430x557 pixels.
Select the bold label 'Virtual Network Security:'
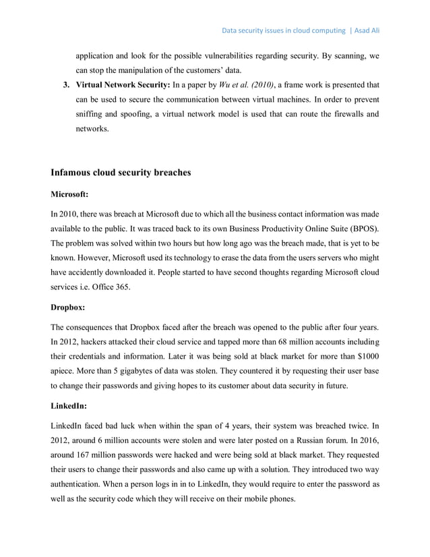pyautogui.click(x=120, y=86)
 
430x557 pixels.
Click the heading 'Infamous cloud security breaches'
pyautogui.click(x=121, y=173)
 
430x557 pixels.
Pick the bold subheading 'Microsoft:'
pyautogui.click(x=70, y=195)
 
